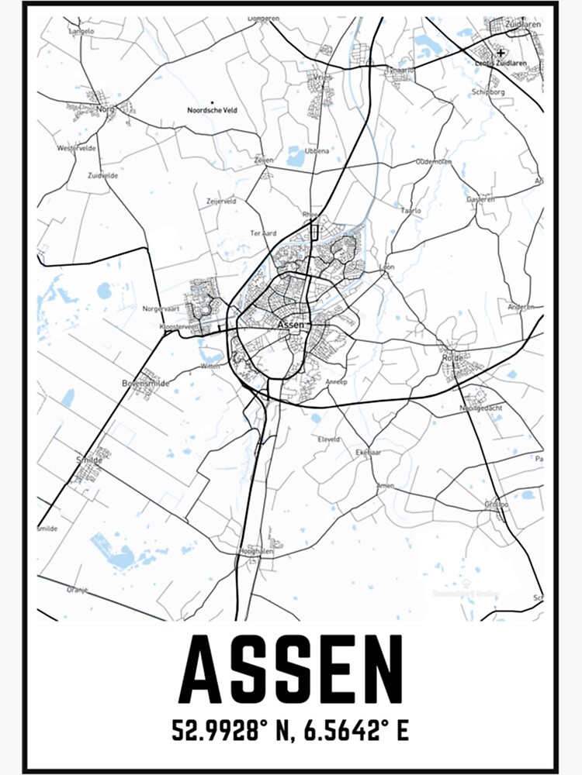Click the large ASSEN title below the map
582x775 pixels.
(290, 669)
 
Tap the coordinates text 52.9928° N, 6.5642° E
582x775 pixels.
(290, 731)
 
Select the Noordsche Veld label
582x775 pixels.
(212, 111)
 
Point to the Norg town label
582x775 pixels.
(106, 109)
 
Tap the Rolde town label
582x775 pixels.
(452, 358)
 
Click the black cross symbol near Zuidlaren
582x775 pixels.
(501, 53)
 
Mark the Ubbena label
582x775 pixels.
(317, 150)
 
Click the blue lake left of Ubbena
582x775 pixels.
(296, 157)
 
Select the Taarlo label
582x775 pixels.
(411, 210)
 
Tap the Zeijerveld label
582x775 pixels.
(221, 200)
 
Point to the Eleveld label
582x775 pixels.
(329, 439)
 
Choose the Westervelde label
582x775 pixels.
(76, 147)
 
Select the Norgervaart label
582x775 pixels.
(161, 308)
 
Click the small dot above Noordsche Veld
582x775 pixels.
(212, 102)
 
